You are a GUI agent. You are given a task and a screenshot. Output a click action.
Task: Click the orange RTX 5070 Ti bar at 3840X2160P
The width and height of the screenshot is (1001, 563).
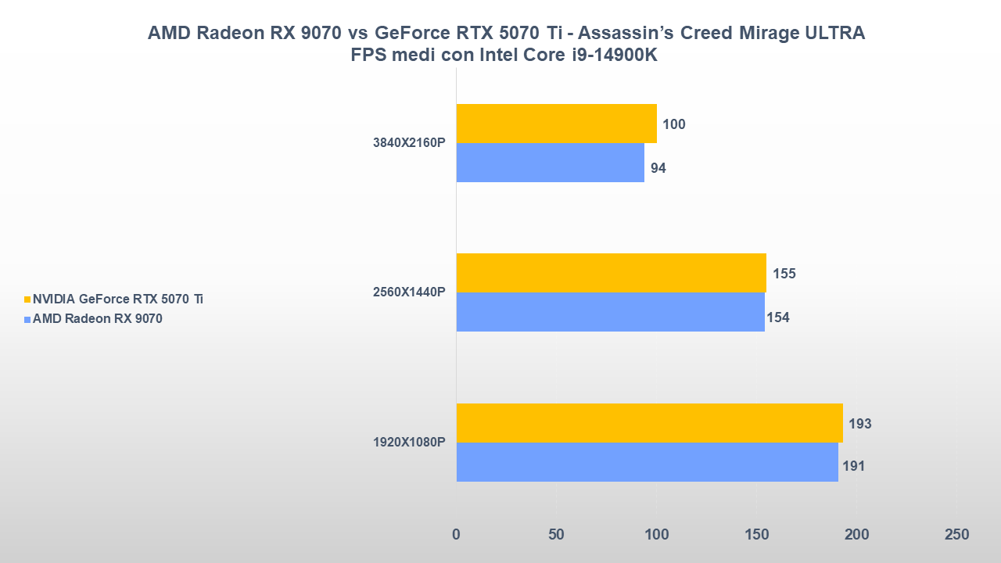pos(556,124)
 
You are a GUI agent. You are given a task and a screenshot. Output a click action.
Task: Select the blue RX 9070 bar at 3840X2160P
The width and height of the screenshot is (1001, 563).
pos(550,163)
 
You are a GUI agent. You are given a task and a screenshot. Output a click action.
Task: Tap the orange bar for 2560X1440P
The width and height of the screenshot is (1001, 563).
pos(611,273)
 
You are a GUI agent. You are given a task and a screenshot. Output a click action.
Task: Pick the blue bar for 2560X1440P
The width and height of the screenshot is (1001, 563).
pos(610,312)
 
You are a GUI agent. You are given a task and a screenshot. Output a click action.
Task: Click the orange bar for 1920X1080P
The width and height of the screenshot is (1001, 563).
pos(649,423)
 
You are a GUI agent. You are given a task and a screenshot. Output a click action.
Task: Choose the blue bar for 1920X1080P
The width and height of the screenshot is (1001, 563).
pos(647,462)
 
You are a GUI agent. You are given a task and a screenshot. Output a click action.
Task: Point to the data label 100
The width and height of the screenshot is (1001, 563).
pos(673,124)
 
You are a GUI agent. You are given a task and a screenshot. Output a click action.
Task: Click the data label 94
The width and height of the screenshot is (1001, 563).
pos(658,168)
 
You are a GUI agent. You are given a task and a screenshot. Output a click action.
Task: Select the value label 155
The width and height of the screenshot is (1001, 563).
pos(784,274)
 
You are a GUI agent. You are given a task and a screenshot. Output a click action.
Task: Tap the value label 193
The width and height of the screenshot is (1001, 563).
pos(859,424)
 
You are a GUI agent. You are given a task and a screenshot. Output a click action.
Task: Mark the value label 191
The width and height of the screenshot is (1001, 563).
pos(853,467)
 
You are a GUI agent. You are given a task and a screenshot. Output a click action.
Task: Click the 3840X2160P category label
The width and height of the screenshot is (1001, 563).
pos(409,143)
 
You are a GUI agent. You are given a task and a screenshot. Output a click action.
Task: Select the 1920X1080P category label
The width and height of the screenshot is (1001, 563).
pos(409,443)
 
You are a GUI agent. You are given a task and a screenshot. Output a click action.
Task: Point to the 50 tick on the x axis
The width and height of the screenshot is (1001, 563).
pos(556,535)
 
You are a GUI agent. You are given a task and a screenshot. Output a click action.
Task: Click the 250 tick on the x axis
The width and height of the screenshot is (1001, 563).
pos(956,535)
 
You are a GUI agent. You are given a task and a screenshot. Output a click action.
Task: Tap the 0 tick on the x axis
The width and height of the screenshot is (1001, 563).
pos(456,535)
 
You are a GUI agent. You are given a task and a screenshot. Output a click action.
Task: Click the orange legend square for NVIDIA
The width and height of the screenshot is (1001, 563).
pos(27,299)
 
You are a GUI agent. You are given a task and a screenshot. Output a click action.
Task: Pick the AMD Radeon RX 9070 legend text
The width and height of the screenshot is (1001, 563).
pos(98,318)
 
